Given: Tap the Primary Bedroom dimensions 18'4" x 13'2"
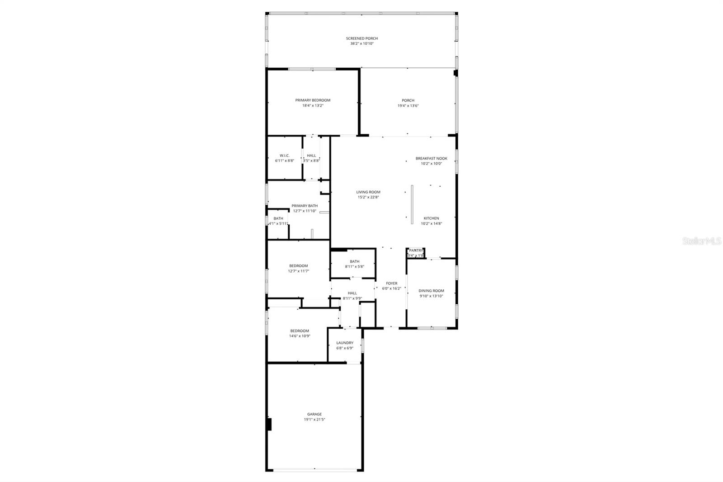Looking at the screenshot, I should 313,106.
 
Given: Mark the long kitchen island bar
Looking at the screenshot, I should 412,204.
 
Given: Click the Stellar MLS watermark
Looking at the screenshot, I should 701,241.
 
